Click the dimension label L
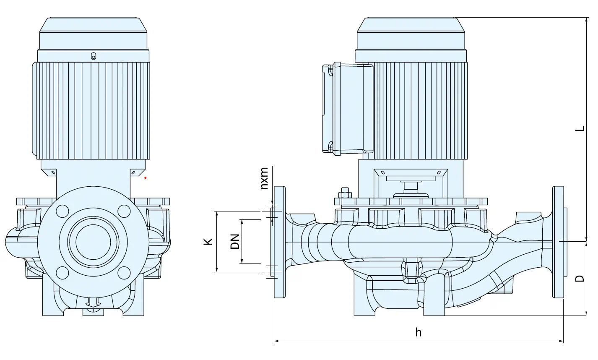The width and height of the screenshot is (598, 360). pos(580,129)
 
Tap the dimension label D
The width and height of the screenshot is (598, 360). pos(580,278)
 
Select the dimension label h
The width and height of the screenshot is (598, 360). pos(418,332)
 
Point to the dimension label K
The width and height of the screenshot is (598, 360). pos(208,242)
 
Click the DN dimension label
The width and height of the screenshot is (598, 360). pos(235,242)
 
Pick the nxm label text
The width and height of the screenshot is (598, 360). pos(264,178)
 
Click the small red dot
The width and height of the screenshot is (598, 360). pos(146,178)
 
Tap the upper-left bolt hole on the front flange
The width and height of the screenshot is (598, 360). pos(62,211)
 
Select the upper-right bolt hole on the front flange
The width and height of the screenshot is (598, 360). pos(124,211)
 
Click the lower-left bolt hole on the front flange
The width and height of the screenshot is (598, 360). pos(62,273)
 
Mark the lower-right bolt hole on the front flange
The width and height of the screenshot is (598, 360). pos(124,273)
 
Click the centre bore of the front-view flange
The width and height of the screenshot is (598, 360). pos(93,242)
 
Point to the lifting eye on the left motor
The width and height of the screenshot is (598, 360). pos(94,56)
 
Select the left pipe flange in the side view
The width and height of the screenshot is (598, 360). pos(280,242)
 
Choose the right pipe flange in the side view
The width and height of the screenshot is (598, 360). pos(558,242)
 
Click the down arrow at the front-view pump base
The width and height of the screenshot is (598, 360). pos(93,303)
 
